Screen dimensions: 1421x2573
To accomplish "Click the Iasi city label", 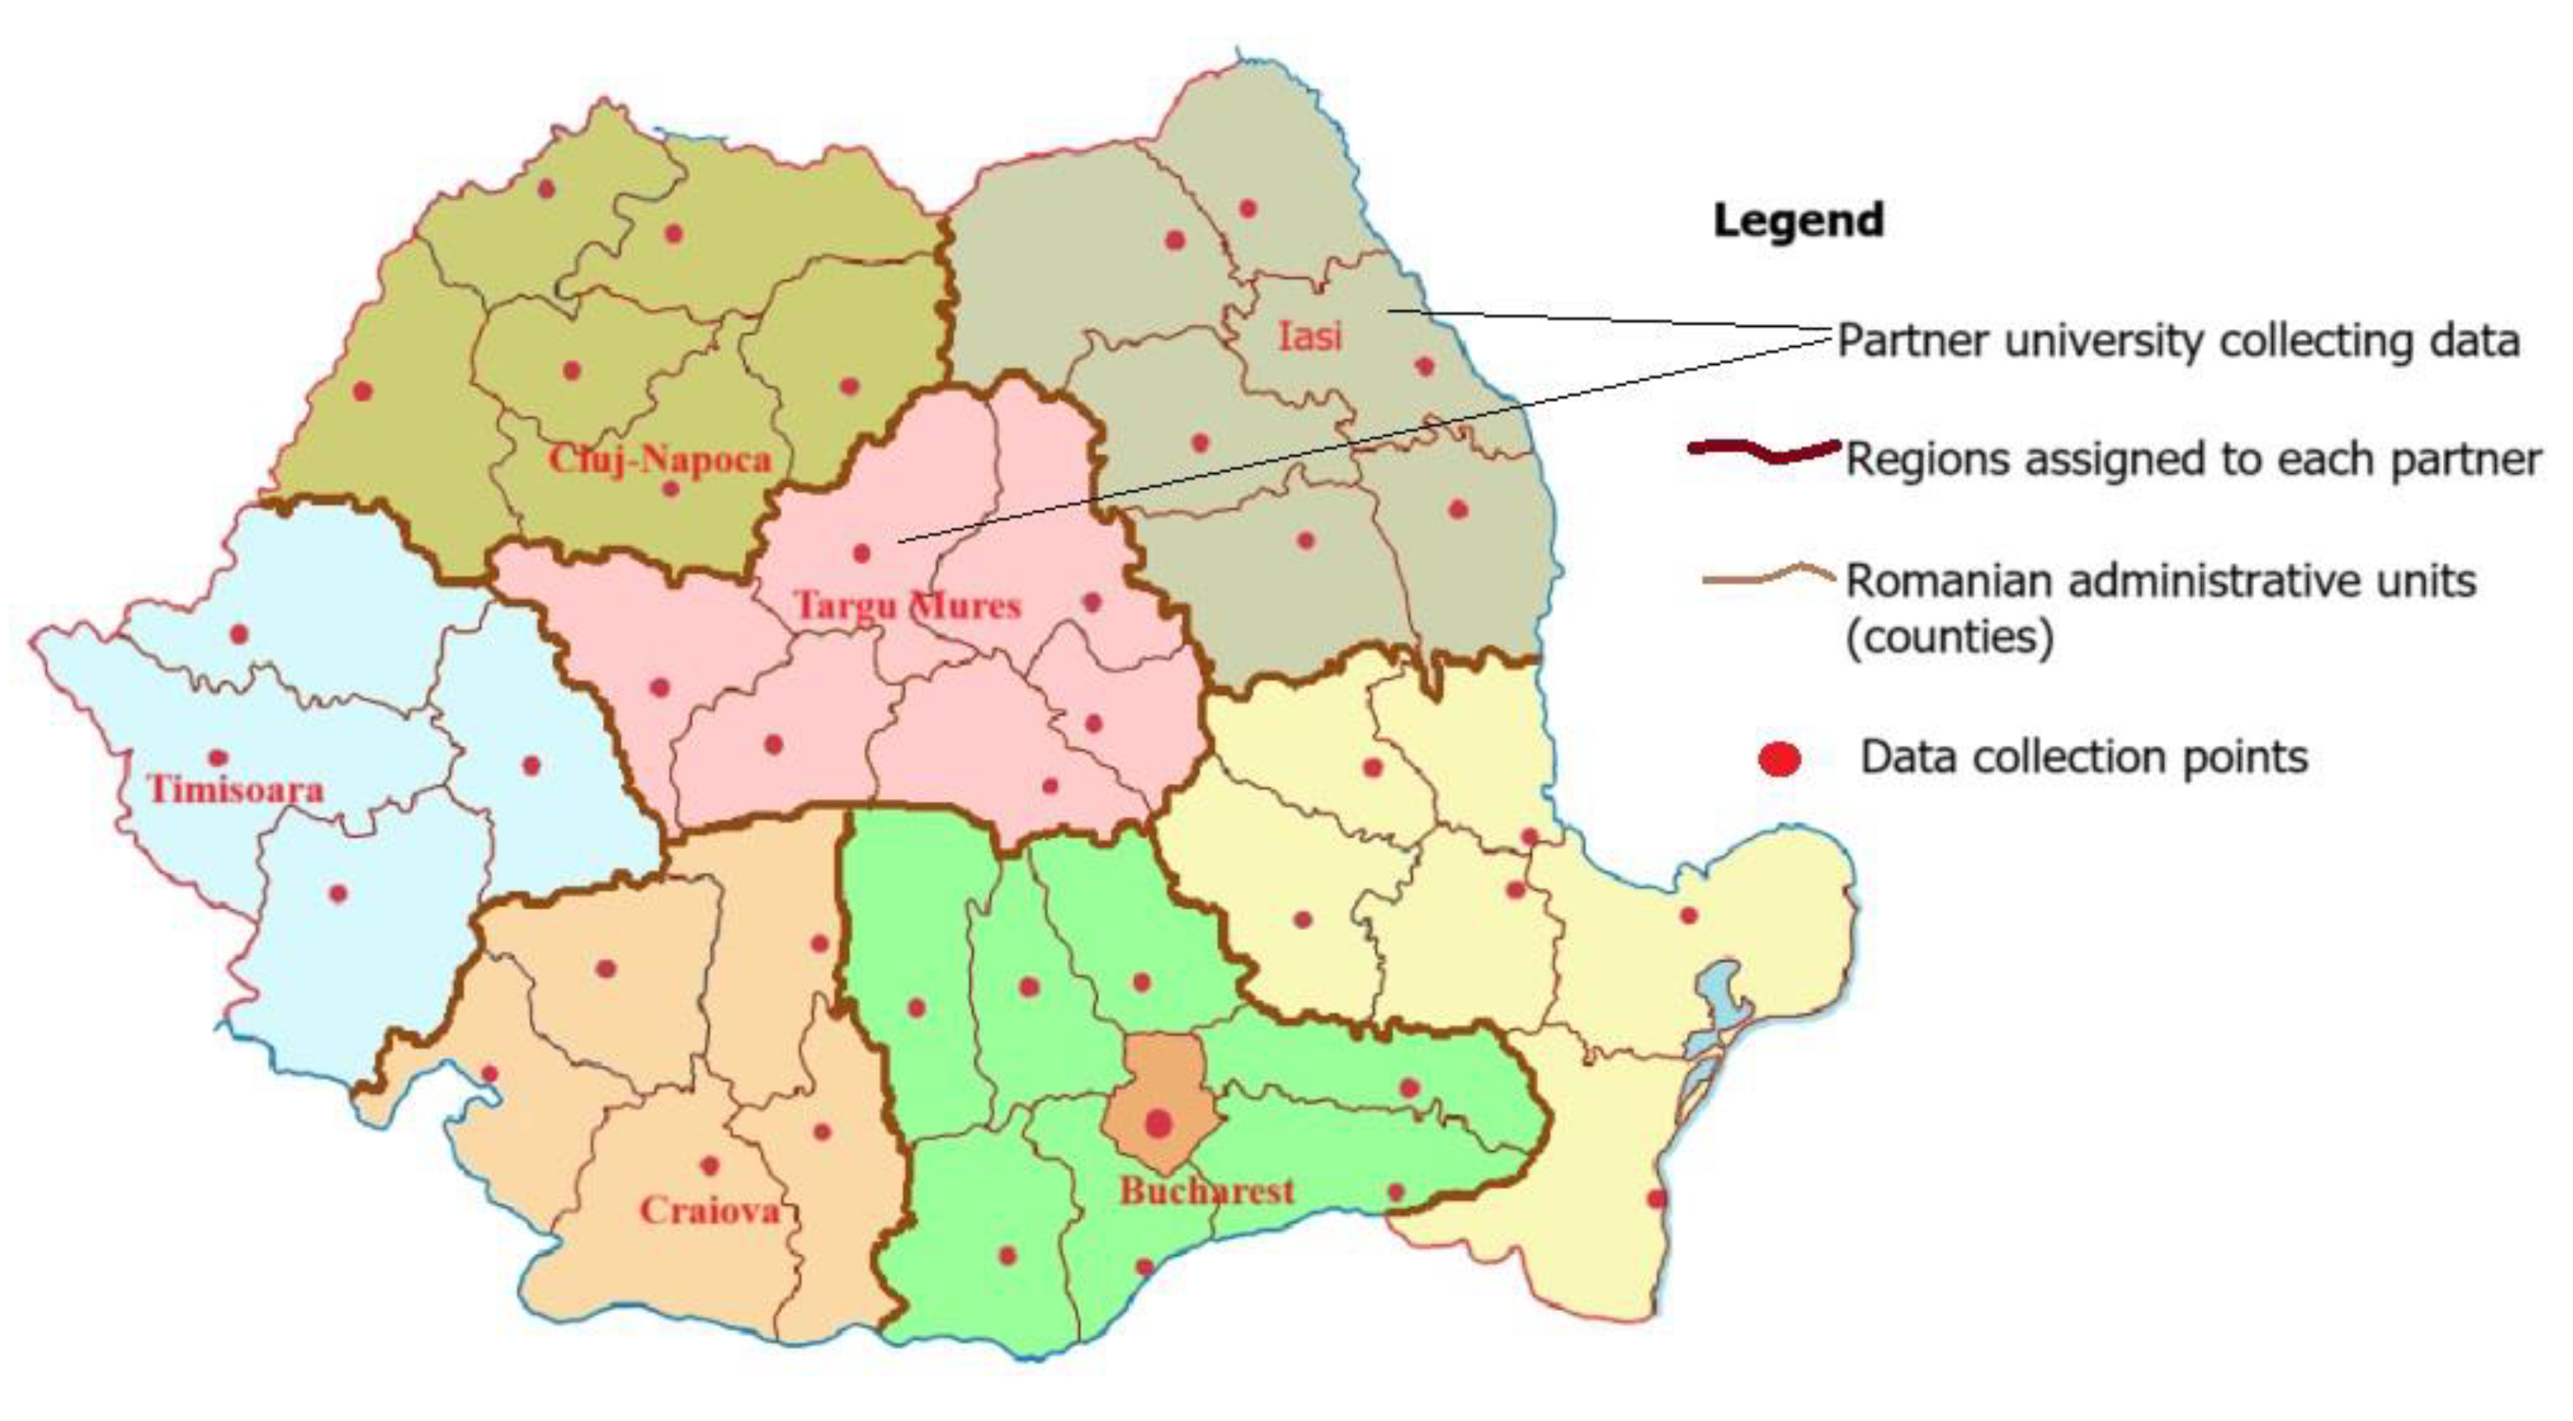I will tap(1310, 336).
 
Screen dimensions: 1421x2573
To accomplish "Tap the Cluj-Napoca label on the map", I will tap(660, 459).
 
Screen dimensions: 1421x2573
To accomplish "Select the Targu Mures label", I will tap(907, 605).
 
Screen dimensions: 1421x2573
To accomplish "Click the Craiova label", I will tap(709, 1210).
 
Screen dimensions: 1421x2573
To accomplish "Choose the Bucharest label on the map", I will tap(1207, 1191).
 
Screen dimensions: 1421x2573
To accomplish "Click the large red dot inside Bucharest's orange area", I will tap(1157, 1123).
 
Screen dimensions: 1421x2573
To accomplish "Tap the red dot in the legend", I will tap(1779, 759).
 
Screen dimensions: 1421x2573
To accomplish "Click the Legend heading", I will tap(1798, 221).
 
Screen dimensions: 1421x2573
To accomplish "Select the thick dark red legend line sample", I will tap(1764, 451).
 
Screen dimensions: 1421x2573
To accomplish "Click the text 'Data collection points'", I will tap(2084, 757).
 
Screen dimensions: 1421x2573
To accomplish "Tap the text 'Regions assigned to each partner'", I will tap(2193, 459).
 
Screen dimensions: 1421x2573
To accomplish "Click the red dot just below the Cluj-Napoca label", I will tap(671, 488).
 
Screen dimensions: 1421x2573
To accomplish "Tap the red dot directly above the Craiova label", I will tap(710, 1165).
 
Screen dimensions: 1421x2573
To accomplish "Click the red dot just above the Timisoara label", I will tap(218, 758).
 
